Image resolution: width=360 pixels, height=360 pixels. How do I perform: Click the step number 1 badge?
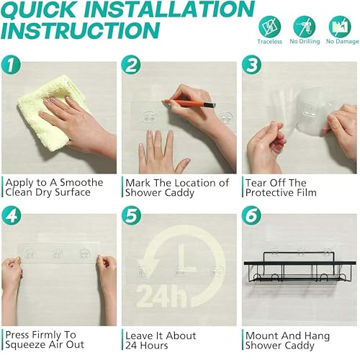tap(11, 65)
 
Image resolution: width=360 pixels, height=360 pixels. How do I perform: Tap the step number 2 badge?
tap(131, 65)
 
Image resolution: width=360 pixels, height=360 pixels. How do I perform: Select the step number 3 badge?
tap(251, 65)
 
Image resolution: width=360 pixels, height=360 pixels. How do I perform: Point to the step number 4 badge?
tap(11, 215)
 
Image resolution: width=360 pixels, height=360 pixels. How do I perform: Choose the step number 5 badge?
tap(131, 215)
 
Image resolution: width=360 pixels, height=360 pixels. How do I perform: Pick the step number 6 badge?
tap(251, 215)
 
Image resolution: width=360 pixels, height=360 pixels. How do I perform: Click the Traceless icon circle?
tap(269, 27)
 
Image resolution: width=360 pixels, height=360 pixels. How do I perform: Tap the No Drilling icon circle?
tap(305, 27)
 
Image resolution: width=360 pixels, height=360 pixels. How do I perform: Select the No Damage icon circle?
tap(340, 27)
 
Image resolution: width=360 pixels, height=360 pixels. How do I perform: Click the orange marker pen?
tap(189, 103)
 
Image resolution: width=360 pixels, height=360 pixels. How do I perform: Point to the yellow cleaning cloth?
tap(52, 113)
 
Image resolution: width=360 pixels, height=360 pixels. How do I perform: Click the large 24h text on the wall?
tap(161, 296)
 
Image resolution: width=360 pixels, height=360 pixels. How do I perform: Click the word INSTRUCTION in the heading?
tap(81, 30)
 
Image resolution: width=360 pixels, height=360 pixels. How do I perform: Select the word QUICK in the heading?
tap(38, 9)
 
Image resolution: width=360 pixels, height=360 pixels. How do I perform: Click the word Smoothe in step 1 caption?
tap(81, 182)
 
